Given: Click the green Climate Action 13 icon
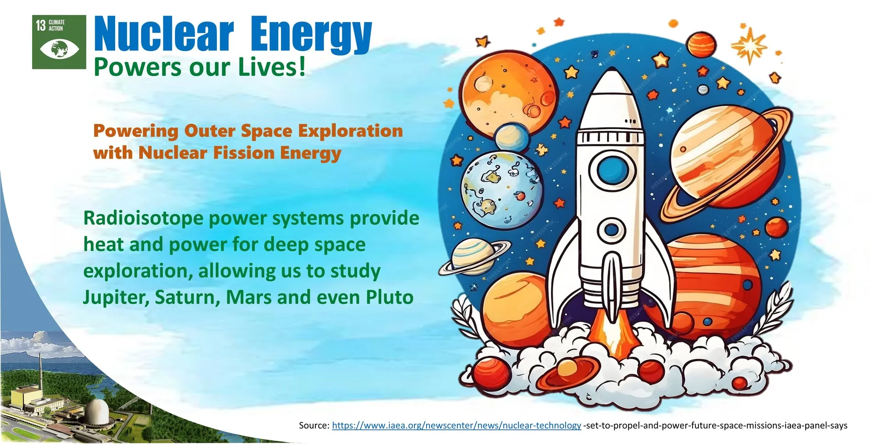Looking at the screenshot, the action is coord(59,42).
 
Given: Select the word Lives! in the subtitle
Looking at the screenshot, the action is coord(272,67).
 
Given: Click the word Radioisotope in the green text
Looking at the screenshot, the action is coord(143,218).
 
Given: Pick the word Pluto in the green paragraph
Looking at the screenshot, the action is coord(390,297).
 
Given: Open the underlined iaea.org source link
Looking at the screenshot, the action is coord(456,425).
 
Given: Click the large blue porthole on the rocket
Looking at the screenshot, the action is coord(612,170).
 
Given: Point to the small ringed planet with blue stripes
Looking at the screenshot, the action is coord(474,257).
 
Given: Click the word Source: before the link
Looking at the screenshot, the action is coord(314,425).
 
